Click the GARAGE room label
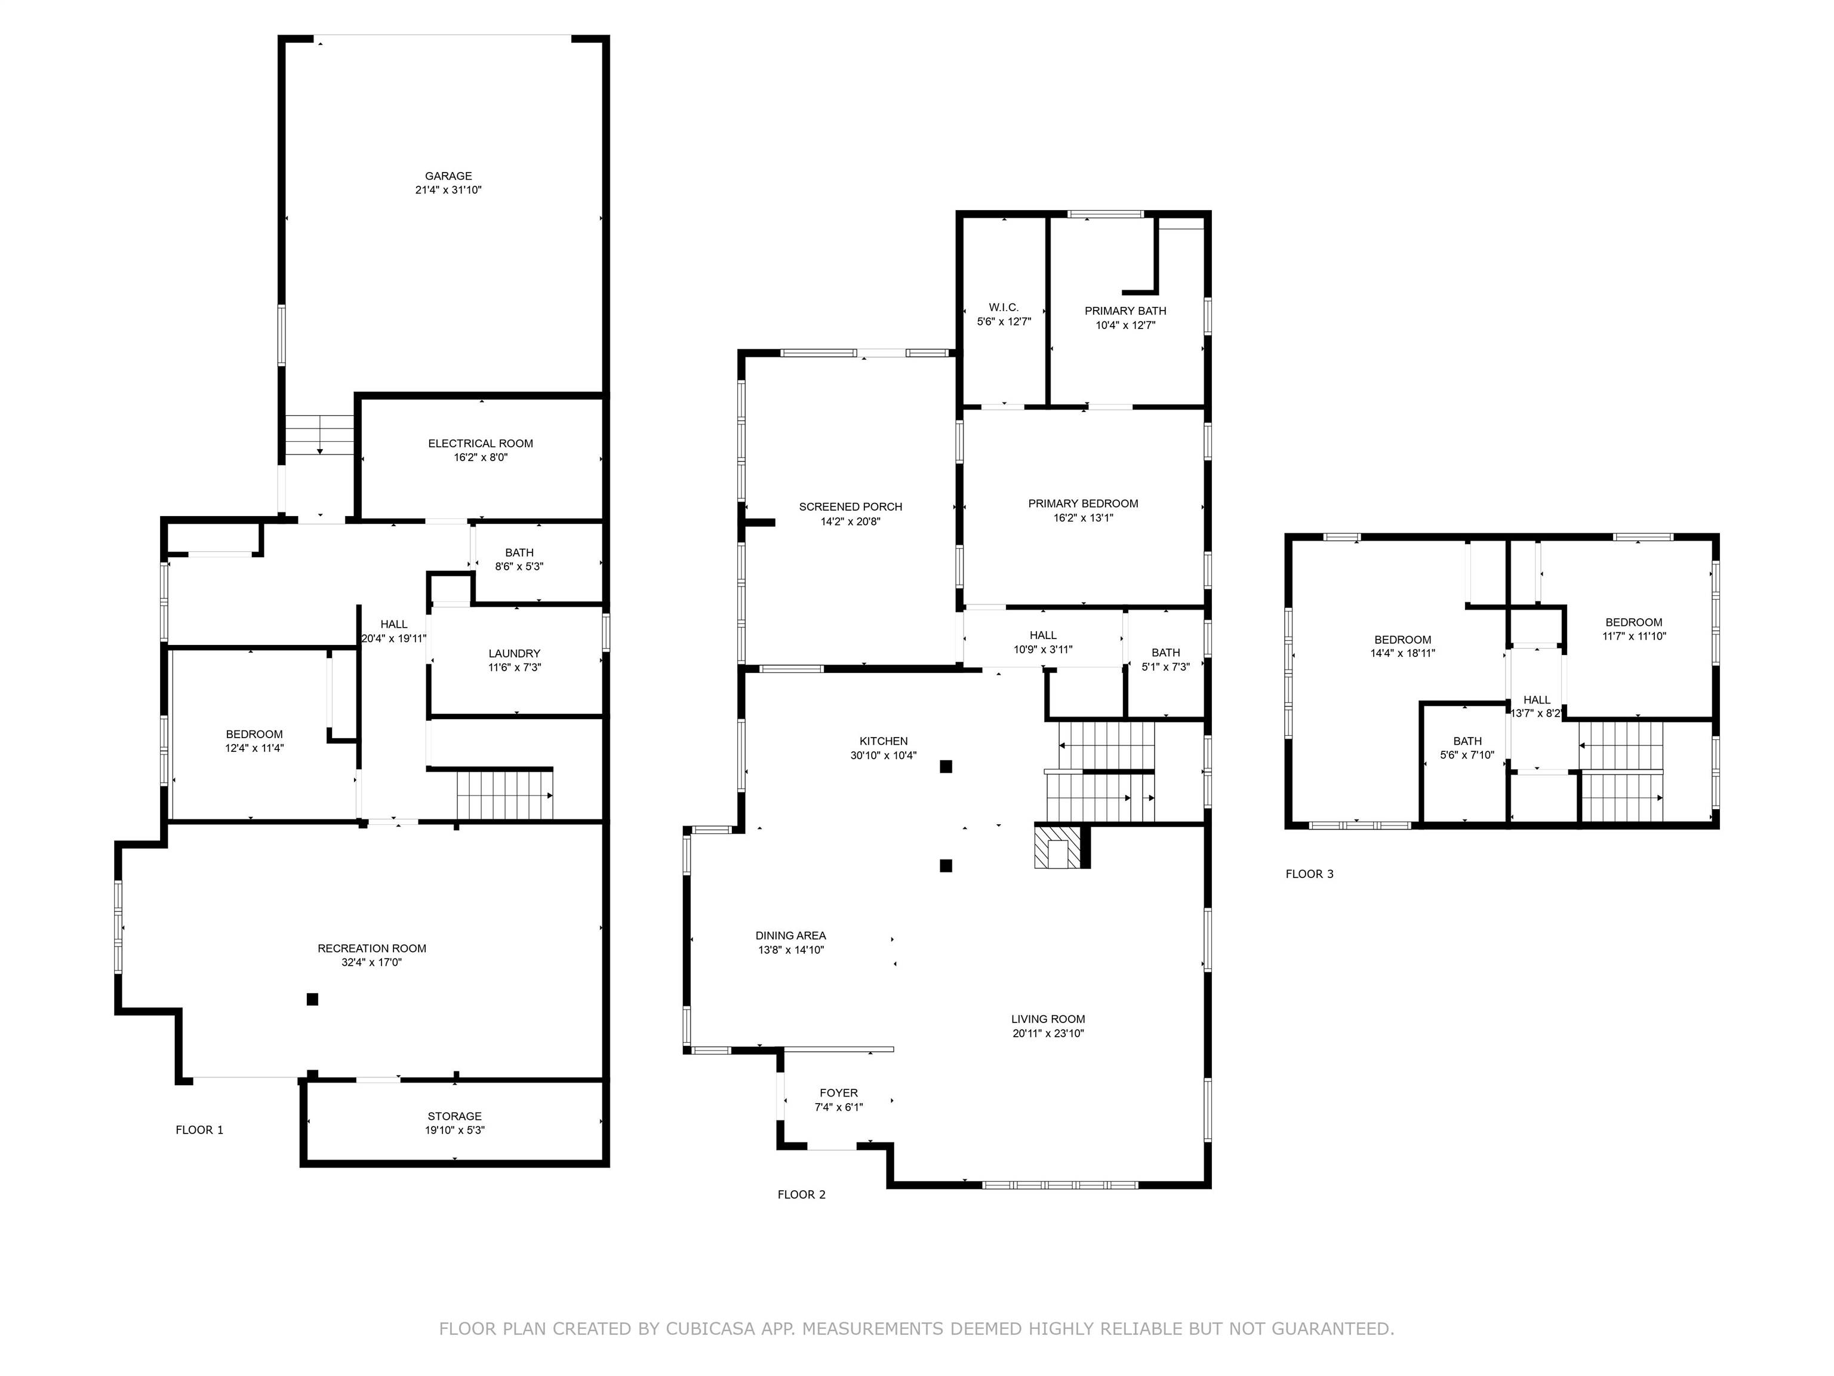coord(448,176)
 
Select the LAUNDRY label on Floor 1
coord(514,653)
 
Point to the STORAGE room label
coord(454,1116)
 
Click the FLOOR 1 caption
coord(199,1130)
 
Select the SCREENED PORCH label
coord(850,507)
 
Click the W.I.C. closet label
coord(1003,308)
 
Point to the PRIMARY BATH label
coord(1125,311)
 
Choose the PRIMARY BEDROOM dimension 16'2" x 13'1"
coord(1083,518)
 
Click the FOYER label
coord(838,1093)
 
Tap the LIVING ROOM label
coord(1047,1019)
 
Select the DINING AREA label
coord(790,936)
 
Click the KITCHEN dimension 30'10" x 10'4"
coord(883,755)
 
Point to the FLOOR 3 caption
coord(1309,874)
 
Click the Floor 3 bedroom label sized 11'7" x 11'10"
coord(1633,623)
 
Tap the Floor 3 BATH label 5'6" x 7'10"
coord(1467,742)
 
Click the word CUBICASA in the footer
coord(710,1329)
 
